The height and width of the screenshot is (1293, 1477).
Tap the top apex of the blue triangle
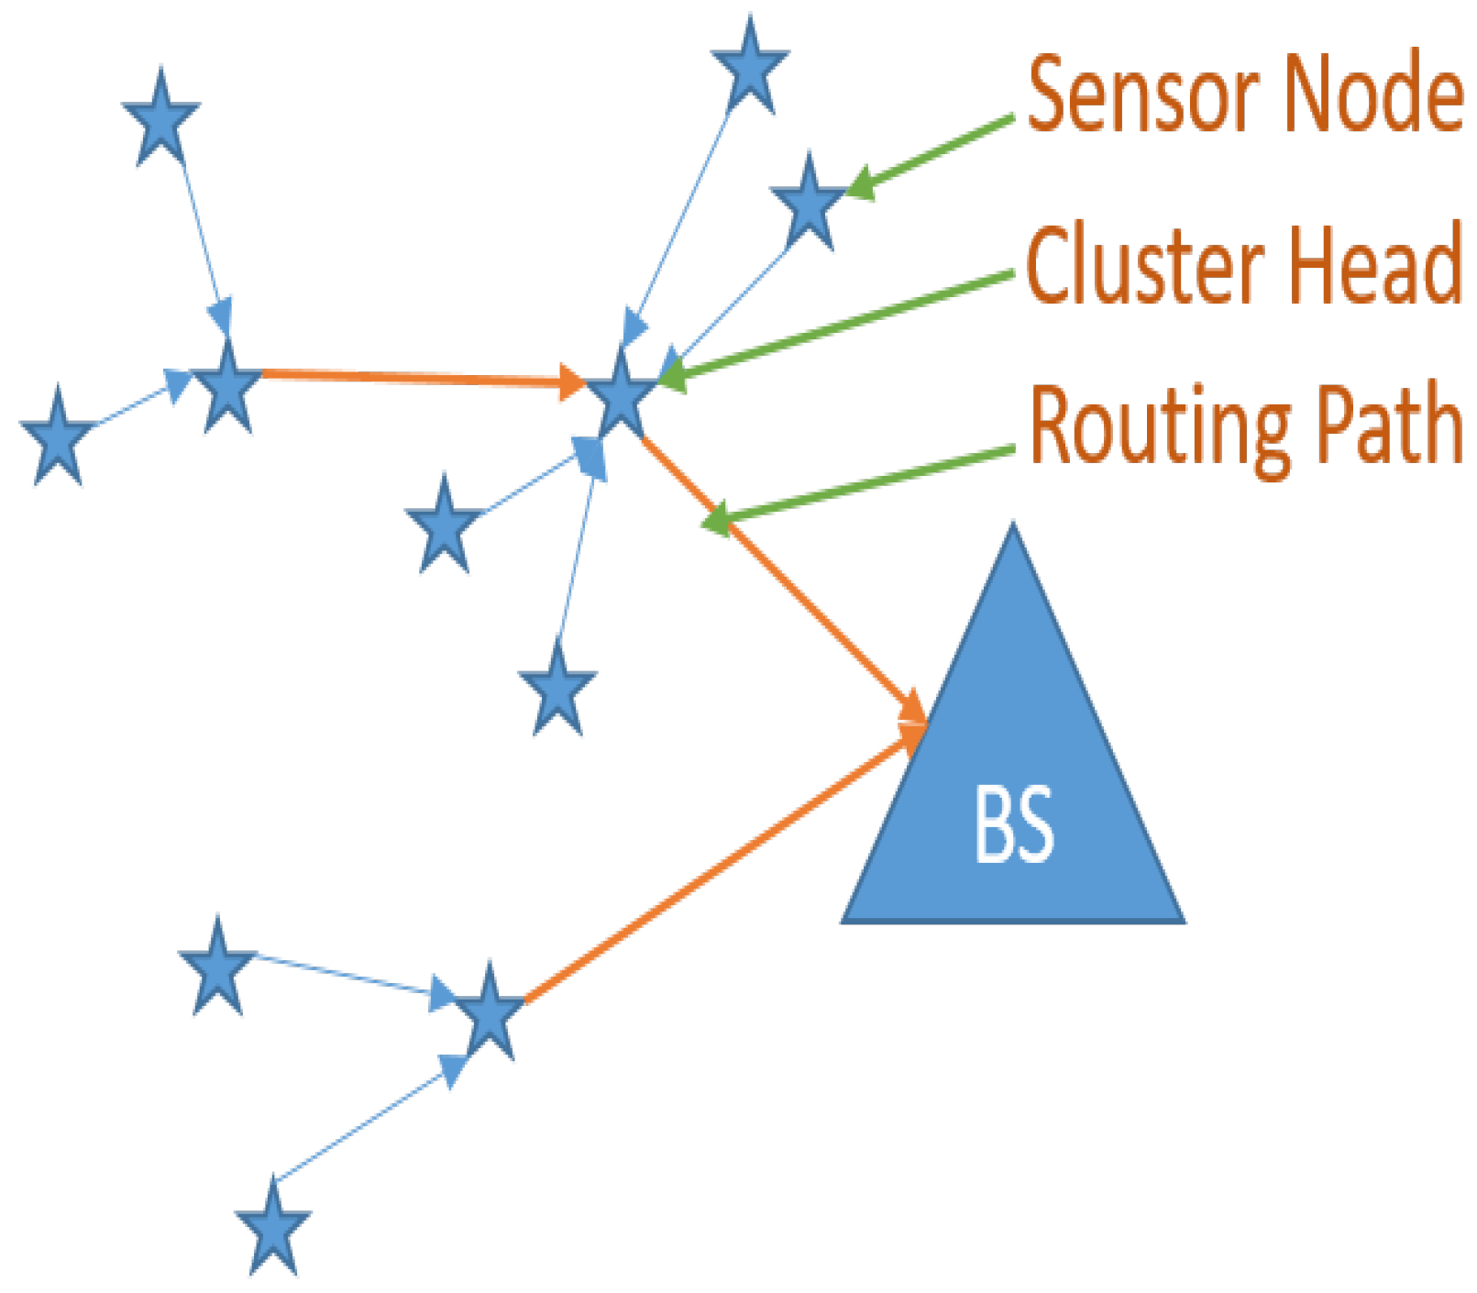[x=1012, y=530]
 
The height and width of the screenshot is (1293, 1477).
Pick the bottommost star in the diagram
[x=273, y=1230]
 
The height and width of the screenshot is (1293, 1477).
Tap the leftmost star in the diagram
[x=58, y=438]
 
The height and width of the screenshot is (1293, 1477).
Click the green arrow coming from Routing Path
[x=862, y=487]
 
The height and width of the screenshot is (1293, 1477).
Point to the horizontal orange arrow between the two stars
[x=413, y=377]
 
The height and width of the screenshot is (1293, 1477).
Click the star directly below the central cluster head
[x=557, y=691]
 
